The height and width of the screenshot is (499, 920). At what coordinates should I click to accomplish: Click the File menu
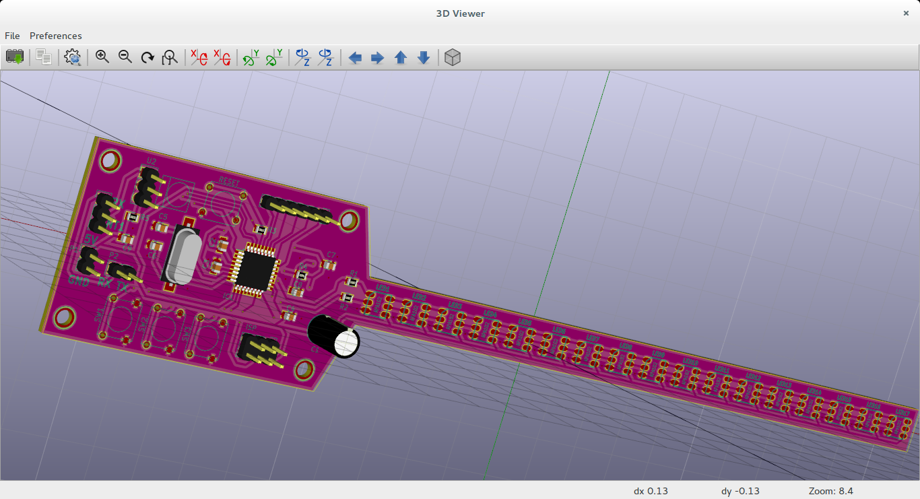click(x=12, y=36)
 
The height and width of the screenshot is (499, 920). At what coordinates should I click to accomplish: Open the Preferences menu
click(x=55, y=36)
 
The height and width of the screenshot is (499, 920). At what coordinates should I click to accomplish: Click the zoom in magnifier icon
click(x=102, y=57)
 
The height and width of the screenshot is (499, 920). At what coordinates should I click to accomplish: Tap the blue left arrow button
click(x=355, y=58)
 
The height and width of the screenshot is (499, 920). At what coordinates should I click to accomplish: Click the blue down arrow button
click(x=424, y=58)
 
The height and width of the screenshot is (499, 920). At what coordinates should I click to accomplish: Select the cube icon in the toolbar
click(x=453, y=58)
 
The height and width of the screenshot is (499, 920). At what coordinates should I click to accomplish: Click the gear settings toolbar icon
click(x=73, y=58)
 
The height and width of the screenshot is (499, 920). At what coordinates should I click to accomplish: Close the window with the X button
click(x=906, y=13)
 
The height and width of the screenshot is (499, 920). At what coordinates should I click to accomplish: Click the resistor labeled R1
click(x=351, y=281)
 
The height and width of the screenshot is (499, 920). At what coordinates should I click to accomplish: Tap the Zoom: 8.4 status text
click(x=830, y=491)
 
